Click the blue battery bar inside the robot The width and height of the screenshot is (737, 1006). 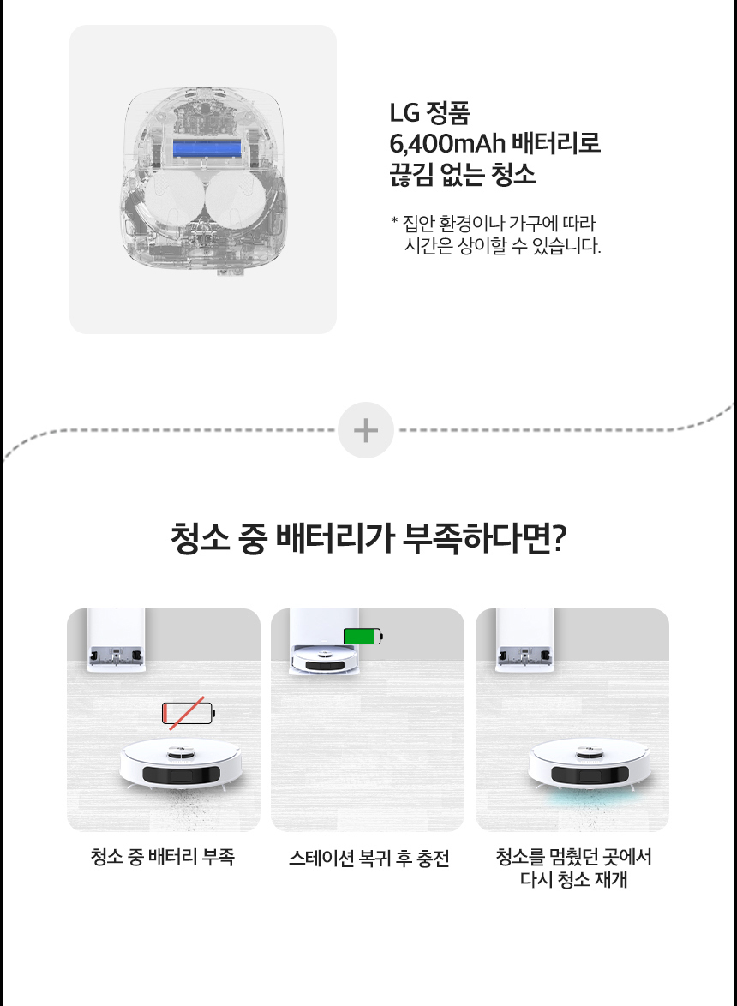pyautogui.click(x=207, y=149)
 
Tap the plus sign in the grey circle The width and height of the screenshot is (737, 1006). pyautogui.click(x=366, y=430)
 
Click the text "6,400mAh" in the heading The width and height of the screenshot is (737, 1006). pyautogui.click(x=447, y=143)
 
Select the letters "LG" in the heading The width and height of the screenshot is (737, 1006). pyautogui.click(x=404, y=113)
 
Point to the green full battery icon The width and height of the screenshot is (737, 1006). pyautogui.click(x=363, y=636)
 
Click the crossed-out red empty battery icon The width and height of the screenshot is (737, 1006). pyautogui.click(x=188, y=713)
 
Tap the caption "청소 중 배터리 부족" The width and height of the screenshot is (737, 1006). pyautogui.click(x=163, y=857)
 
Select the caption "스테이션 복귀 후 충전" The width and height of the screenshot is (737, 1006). pyautogui.click(x=368, y=858)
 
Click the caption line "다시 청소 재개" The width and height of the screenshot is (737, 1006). pyautogui.click(x=573, y=879)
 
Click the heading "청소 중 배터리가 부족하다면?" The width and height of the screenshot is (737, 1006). pyautogui.click(x=368, y=537)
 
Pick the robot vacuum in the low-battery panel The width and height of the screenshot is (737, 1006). pyautogui.click(x=182, y=763)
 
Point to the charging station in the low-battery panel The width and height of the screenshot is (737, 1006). pyautogui.click(x=116, y=639)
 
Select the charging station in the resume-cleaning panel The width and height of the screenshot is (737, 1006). pyautogui.click(x=524, y=639)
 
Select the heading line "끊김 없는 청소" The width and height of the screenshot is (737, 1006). pyautogui.click(x=462, y=174)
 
